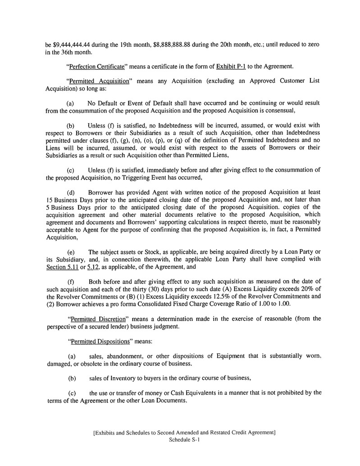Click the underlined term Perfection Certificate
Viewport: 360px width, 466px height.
pos(96,67)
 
